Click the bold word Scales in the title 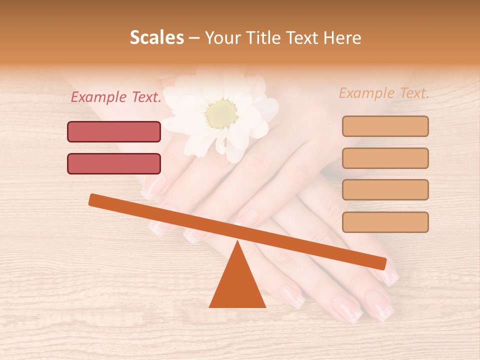click(x=156, y=37)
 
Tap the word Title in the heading click(x=267, y=37)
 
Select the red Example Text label click(x=116, y=97)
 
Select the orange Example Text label click(x=384, y=93)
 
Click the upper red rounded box click(x=114, y=131)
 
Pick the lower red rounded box click(x=114, y=163)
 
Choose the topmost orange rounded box click(x=385, y=126)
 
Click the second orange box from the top click(x=385, y=158)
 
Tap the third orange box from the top click(x=385, y=189)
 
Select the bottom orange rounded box click(x=385, y=222)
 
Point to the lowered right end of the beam click(x=381, y=262)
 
